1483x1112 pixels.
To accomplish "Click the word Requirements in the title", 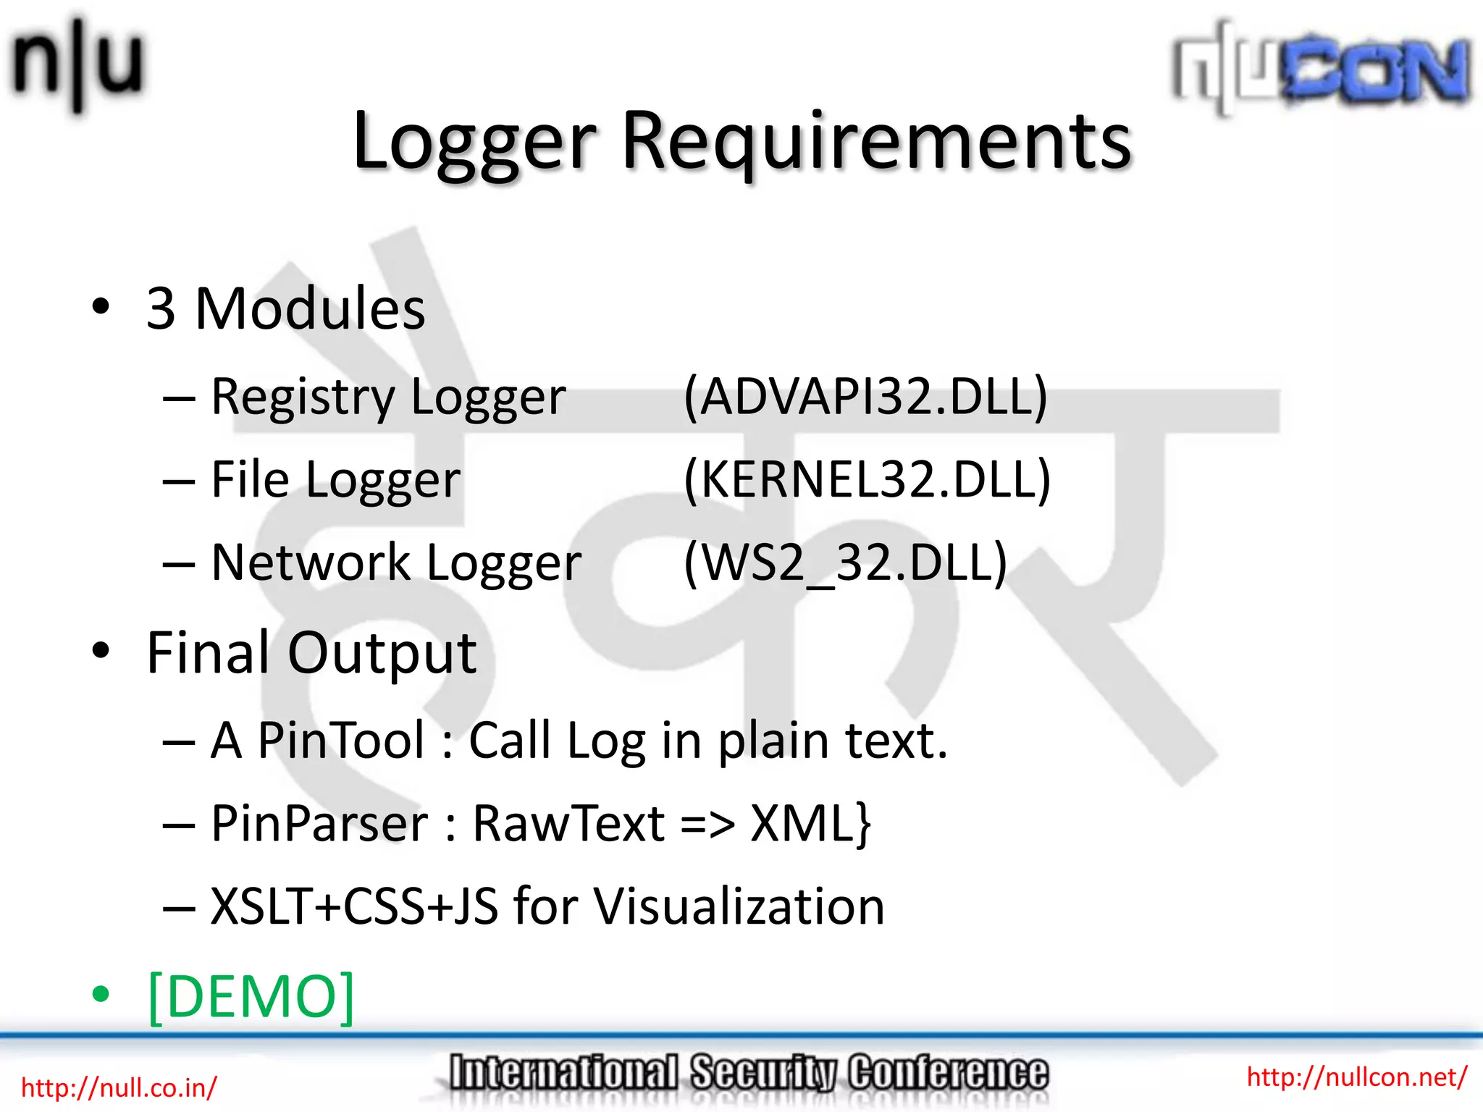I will [876, 142].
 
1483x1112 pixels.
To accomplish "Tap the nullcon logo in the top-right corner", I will [1322, 69].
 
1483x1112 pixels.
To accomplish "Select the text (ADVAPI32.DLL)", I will [865, 397].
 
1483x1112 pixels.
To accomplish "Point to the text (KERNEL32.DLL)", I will [867, 479].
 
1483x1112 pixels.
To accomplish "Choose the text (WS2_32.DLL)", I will [845, 563].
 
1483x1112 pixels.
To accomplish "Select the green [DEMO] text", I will [251, 996].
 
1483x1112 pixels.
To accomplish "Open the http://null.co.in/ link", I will [119, 1087].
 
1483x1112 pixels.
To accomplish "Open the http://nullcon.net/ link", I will [1356, 1077].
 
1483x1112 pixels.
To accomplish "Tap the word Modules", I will [310, 309].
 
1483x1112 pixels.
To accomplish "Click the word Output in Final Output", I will [382, 653].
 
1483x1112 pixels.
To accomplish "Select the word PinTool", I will [341, 741].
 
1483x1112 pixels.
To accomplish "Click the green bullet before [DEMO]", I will [101, 995].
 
